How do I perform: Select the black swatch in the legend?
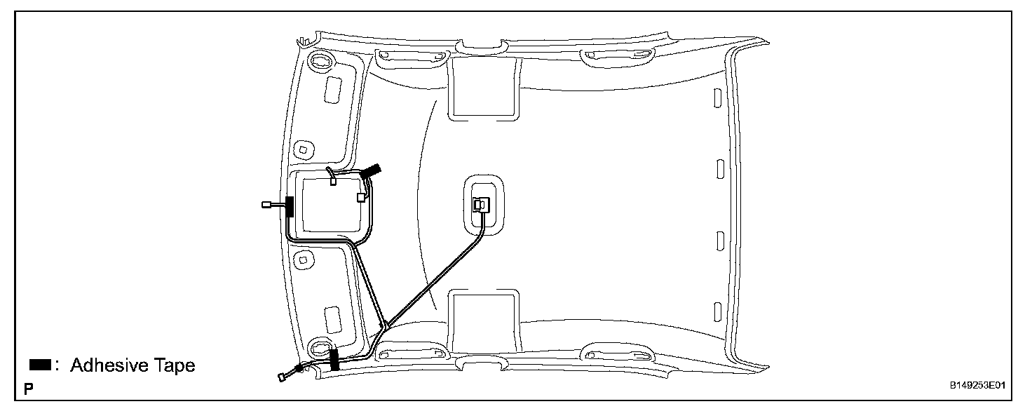[x=39, y=365]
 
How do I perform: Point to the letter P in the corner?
[x=28, y=388]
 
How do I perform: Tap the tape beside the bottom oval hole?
[x=334, y=358]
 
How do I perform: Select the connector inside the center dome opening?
[x=482, y=204]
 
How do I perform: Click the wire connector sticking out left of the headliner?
[x=266, y=205]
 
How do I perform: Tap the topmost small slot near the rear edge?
[x=717, y=97]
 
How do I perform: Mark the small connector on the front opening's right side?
[x=361, y=198]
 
